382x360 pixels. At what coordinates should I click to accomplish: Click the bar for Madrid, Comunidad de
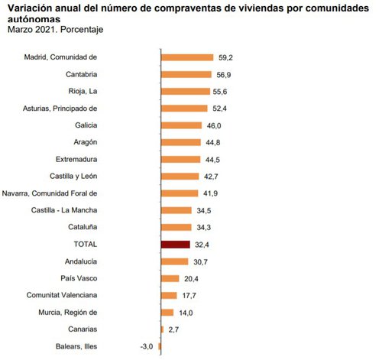[187, 57]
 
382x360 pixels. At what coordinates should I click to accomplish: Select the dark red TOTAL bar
[176, 245]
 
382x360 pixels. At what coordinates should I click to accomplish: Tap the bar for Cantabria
[186, 74]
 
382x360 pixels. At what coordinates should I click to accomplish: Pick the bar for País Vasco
[170, 278]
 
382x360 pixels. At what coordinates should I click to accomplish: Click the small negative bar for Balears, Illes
[160, 346]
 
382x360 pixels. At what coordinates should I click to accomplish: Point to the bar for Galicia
[181, 125]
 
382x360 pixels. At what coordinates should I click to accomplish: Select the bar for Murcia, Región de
[167, 312]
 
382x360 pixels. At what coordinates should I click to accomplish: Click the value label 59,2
[225, 57]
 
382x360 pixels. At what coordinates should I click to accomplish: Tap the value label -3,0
[147, 346]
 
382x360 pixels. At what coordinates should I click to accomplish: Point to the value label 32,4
[202, 245]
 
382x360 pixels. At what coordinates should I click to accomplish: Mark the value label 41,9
[210, 193]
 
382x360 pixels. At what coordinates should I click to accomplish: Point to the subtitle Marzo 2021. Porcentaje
[55, 29]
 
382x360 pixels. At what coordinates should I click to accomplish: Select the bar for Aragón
[180, 142]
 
